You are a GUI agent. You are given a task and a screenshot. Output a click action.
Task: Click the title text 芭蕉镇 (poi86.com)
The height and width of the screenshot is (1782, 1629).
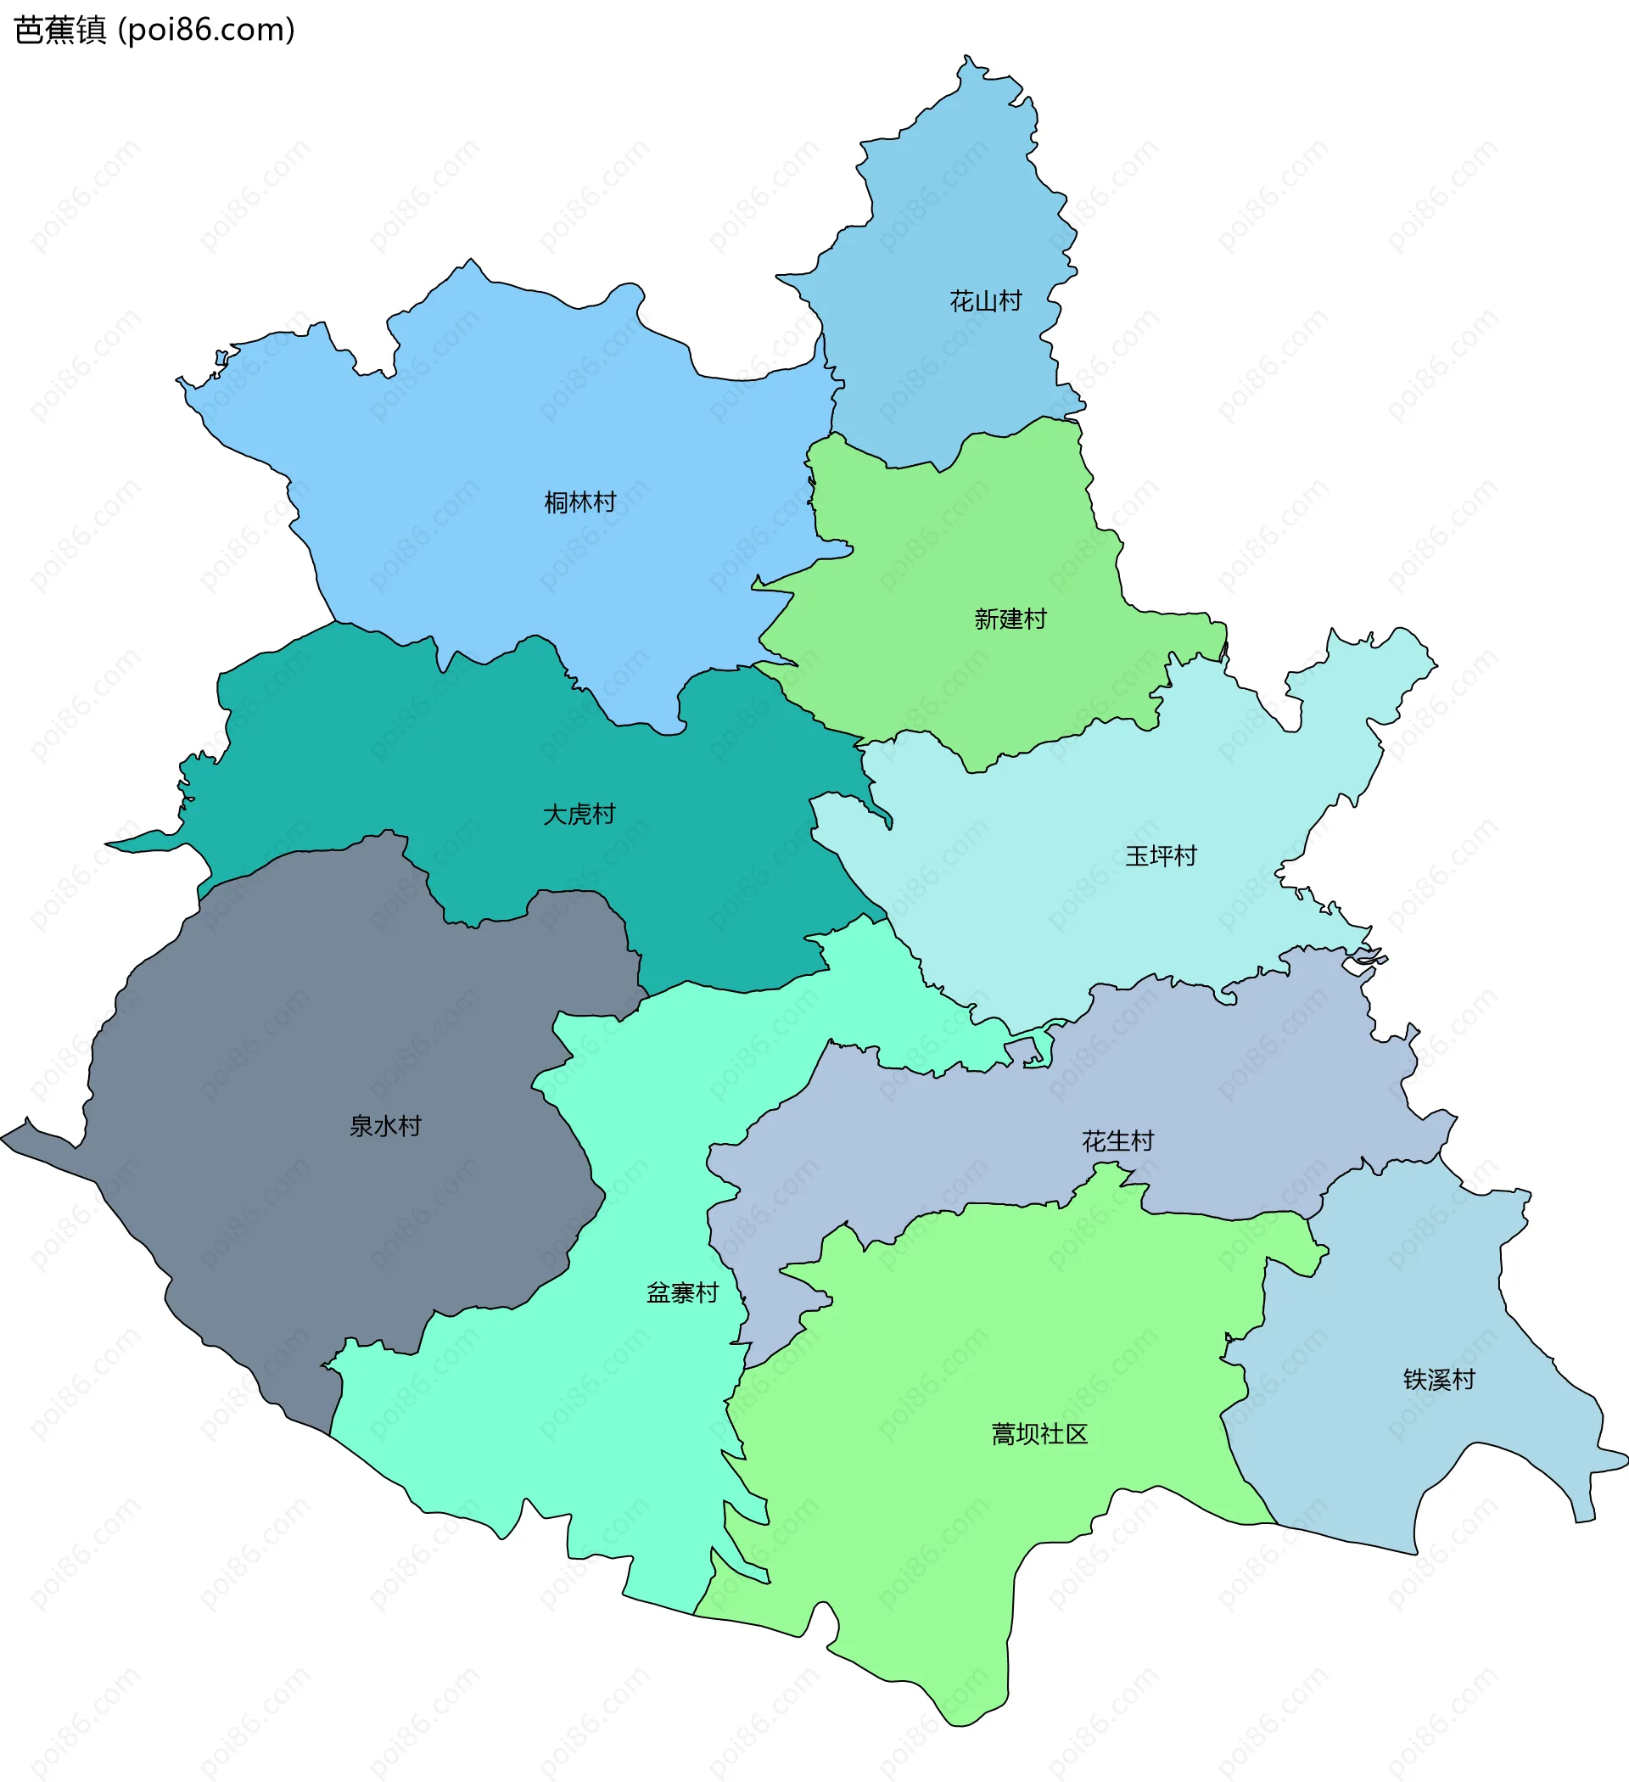pos(154,30)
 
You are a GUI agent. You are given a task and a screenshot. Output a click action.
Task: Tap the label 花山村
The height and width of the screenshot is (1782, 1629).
pos(986,301)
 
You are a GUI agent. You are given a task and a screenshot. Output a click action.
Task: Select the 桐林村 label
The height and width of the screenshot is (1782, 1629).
pos(579,503)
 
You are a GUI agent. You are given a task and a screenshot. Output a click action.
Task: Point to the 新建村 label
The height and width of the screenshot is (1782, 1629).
pos(1010,619)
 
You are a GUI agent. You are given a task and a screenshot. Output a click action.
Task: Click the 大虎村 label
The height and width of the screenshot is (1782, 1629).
pos(579,814)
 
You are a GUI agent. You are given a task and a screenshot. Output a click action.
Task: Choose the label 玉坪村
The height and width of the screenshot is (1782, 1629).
pos(1161,855)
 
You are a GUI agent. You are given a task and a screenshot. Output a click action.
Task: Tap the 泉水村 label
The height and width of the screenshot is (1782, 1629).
pos(385,1126)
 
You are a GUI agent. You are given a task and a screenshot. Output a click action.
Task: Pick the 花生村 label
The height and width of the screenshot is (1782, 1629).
pos(1118,1141)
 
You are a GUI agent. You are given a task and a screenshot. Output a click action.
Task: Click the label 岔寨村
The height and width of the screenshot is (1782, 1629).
pos(682,1293)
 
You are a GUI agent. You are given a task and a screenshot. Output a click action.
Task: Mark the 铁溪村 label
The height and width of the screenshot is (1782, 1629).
pos(1439,1379)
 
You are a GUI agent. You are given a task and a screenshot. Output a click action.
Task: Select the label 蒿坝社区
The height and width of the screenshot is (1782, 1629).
pos(1039,1434)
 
